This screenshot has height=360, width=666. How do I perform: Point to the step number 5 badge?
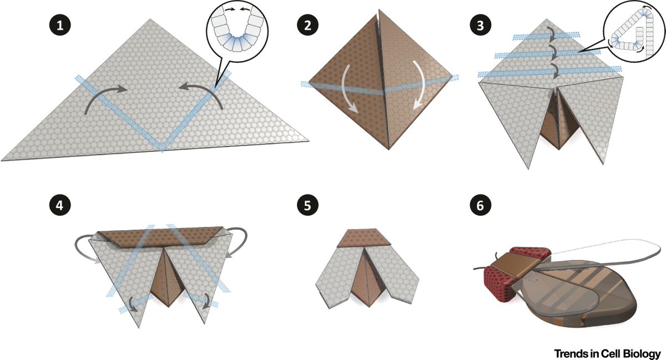[x=306, y=205]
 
